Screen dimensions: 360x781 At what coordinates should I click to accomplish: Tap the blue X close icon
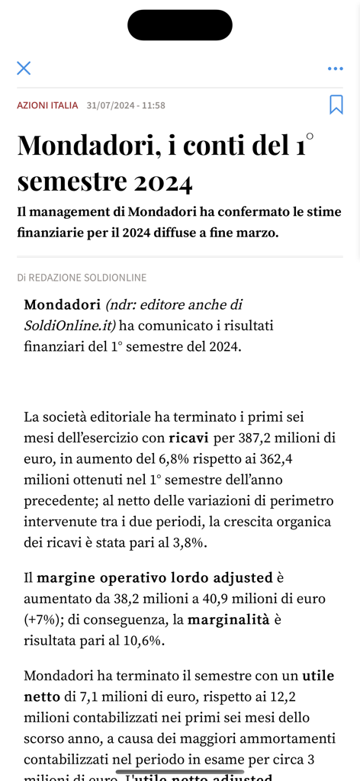24,68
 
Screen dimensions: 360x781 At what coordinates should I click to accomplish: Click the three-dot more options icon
335,69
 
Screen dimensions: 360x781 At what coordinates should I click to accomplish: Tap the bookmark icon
336,105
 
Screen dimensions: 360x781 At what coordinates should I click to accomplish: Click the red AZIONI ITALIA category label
47,105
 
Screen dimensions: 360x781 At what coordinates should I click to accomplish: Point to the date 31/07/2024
111,105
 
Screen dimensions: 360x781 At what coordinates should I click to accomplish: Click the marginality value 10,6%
143,641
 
